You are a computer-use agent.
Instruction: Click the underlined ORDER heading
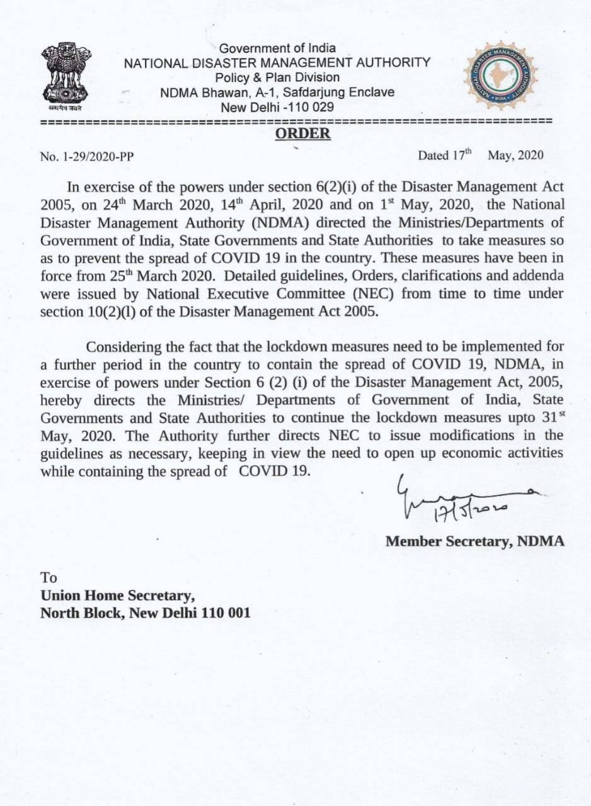tap(302, 133)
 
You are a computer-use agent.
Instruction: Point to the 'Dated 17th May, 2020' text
tap(480, 155)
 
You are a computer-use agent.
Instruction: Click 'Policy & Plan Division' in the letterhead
tap(277, 77)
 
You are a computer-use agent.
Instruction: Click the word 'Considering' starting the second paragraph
tap(118, 348)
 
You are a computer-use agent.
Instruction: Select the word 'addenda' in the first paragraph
tap(540, 276)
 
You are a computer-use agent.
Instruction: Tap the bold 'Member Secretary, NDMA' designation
tap(475, 541)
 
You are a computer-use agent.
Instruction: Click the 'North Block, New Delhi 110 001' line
tap(145, 613)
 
